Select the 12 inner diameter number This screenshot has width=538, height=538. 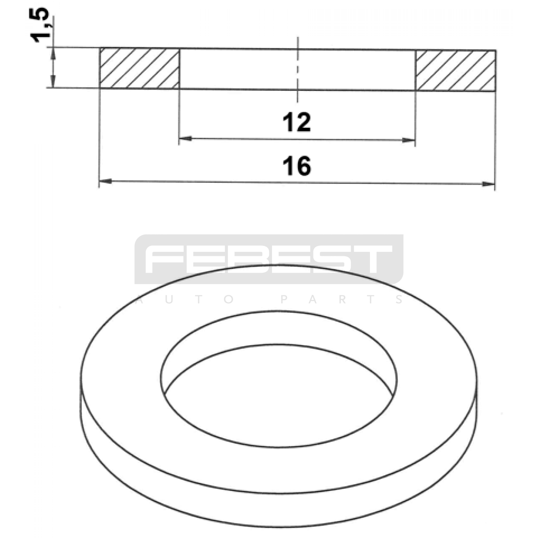[297, 122]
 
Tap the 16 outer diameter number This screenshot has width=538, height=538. [297, 166]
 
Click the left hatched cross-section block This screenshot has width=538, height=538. [140, 69]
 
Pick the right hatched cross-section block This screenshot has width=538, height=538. [456, 71]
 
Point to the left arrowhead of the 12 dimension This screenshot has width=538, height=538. [185, 138]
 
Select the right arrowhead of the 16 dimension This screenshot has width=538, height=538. [489, 184]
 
